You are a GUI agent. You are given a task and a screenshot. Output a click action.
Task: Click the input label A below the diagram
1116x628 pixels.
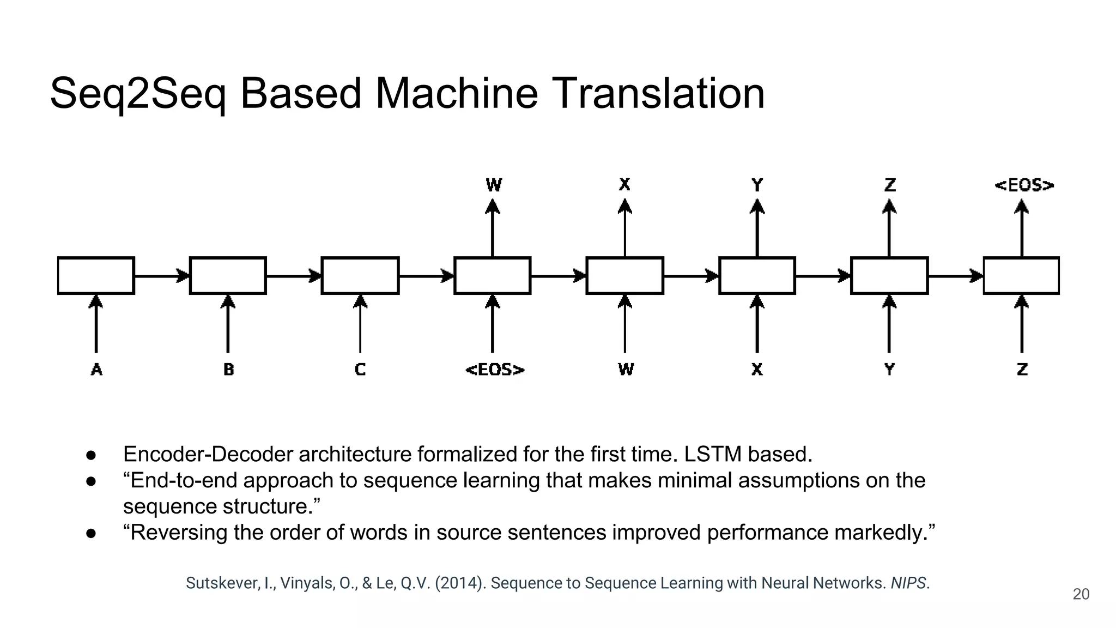point(96,370)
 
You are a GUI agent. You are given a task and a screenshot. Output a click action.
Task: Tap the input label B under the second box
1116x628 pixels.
point(228,370)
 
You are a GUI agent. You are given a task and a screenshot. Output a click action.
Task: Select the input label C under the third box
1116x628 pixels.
point(360,370)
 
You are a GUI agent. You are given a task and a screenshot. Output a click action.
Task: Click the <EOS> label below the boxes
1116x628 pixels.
point(495,370)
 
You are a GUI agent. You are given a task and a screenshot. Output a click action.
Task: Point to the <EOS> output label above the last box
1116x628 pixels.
point(1024,185)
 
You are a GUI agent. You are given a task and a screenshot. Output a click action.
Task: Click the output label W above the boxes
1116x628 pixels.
point(494,185)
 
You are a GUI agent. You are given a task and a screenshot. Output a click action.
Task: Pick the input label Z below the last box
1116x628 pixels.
point(1022,370)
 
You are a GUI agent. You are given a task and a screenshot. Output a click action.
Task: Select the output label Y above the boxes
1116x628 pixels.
point(757,185)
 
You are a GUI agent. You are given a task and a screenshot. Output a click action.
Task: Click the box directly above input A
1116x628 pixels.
point(96,276)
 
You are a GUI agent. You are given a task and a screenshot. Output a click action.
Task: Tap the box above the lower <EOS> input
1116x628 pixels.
point(493,276)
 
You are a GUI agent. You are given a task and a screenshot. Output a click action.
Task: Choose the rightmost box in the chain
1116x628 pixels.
point(1021,276)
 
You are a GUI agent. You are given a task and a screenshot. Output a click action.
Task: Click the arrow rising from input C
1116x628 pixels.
point(360,324)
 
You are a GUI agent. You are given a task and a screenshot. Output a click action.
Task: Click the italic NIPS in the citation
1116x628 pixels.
point(908,583)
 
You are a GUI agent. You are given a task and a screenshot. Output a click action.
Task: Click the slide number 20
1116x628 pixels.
point(1081,594)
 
